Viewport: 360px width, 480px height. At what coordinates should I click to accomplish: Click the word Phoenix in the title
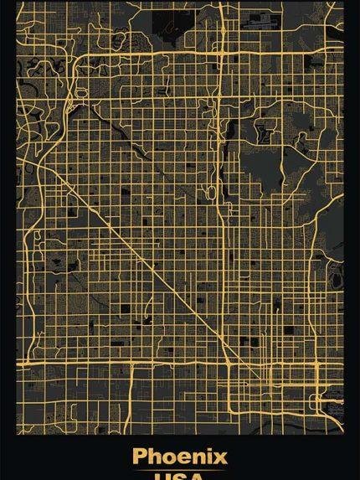(x=179, y=457)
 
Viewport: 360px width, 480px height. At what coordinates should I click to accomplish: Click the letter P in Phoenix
(x=140, y=457)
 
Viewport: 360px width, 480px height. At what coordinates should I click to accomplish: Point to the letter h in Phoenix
(x=155, y=457)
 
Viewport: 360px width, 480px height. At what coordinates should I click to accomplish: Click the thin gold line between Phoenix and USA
(x=179, y=468)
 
